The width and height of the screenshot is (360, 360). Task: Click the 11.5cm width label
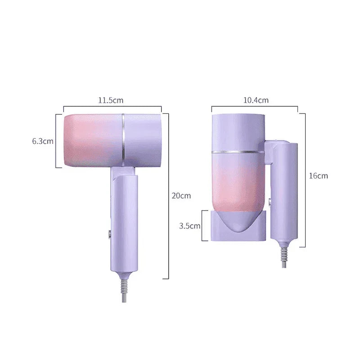pyautogui.click(x=111, y=100)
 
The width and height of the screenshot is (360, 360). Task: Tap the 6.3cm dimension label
pyautogui.click(x=43, y=141)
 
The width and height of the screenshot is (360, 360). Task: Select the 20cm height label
pyautogui.click(x=181, y=196)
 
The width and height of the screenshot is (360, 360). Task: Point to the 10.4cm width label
pyautogui.click(x=256, y=100)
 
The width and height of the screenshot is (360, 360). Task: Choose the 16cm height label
pyautogui.click(x=318, y=176)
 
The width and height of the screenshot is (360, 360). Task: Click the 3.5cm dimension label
pyautogui.click(x=189, y=226)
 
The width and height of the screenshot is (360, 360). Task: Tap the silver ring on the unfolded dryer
pyautogui.click(x=123, y=140)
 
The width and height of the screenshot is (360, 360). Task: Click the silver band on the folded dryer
pyautogui.click(x=238, y=152)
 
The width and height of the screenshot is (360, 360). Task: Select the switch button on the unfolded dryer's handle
pyautogui.click(x=110, y=234)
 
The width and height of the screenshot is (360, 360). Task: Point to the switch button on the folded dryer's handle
pyautogui.click(x=270, y=202)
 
